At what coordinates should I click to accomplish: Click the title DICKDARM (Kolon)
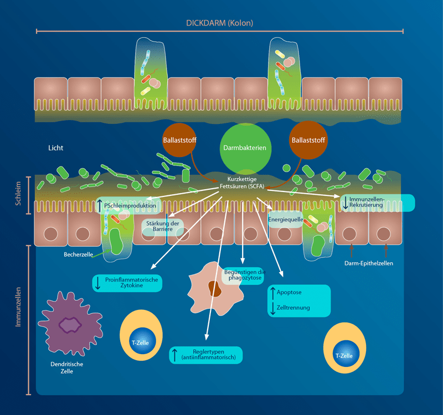click(220, 23)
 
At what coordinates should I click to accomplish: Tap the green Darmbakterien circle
click(245, 148)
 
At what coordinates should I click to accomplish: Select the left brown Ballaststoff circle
click(179, 140)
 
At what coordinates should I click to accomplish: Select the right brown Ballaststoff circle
click(307, 140)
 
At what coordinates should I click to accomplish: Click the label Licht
click(56, 148)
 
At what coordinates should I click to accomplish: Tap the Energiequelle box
click(285, 219)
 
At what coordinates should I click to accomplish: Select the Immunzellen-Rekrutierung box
click(377, 203)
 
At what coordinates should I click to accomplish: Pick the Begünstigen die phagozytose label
click(244, 274)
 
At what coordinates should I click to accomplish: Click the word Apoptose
click(289, 292)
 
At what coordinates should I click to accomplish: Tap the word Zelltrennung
click(293, 308)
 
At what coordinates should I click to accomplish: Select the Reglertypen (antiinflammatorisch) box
click(205, 355)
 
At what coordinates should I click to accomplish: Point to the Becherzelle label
click(78, 256)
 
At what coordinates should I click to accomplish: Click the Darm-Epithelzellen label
click(368, 263)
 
